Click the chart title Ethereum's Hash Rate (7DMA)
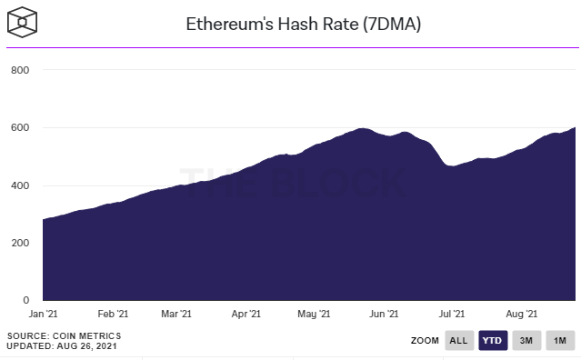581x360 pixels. (x=304, y=25)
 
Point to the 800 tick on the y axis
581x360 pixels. (x=20, y=70)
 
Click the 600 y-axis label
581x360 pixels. (x=20, y=127)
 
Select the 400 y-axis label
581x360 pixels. (x=20, y=185)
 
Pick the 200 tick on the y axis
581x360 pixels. (x=20, y=243)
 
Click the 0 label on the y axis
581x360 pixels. (x=26, y=300)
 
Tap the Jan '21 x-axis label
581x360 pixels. (x=44, y=315)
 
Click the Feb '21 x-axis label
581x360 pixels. (x=112, y=315)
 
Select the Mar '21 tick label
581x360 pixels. (x=175, y=315)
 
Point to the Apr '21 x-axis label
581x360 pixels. (x=245, y=315)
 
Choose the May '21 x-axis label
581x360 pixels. (x=313, y=315)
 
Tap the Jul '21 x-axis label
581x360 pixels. (x=451, y=315)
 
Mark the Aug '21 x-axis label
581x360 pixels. (x=519, y=315)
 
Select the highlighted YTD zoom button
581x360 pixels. (x=493, y=341)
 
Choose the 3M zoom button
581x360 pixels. (x=526, y=341)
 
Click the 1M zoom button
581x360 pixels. (x=560, y=341)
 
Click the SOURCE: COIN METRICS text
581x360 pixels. (x=64, y=336)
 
